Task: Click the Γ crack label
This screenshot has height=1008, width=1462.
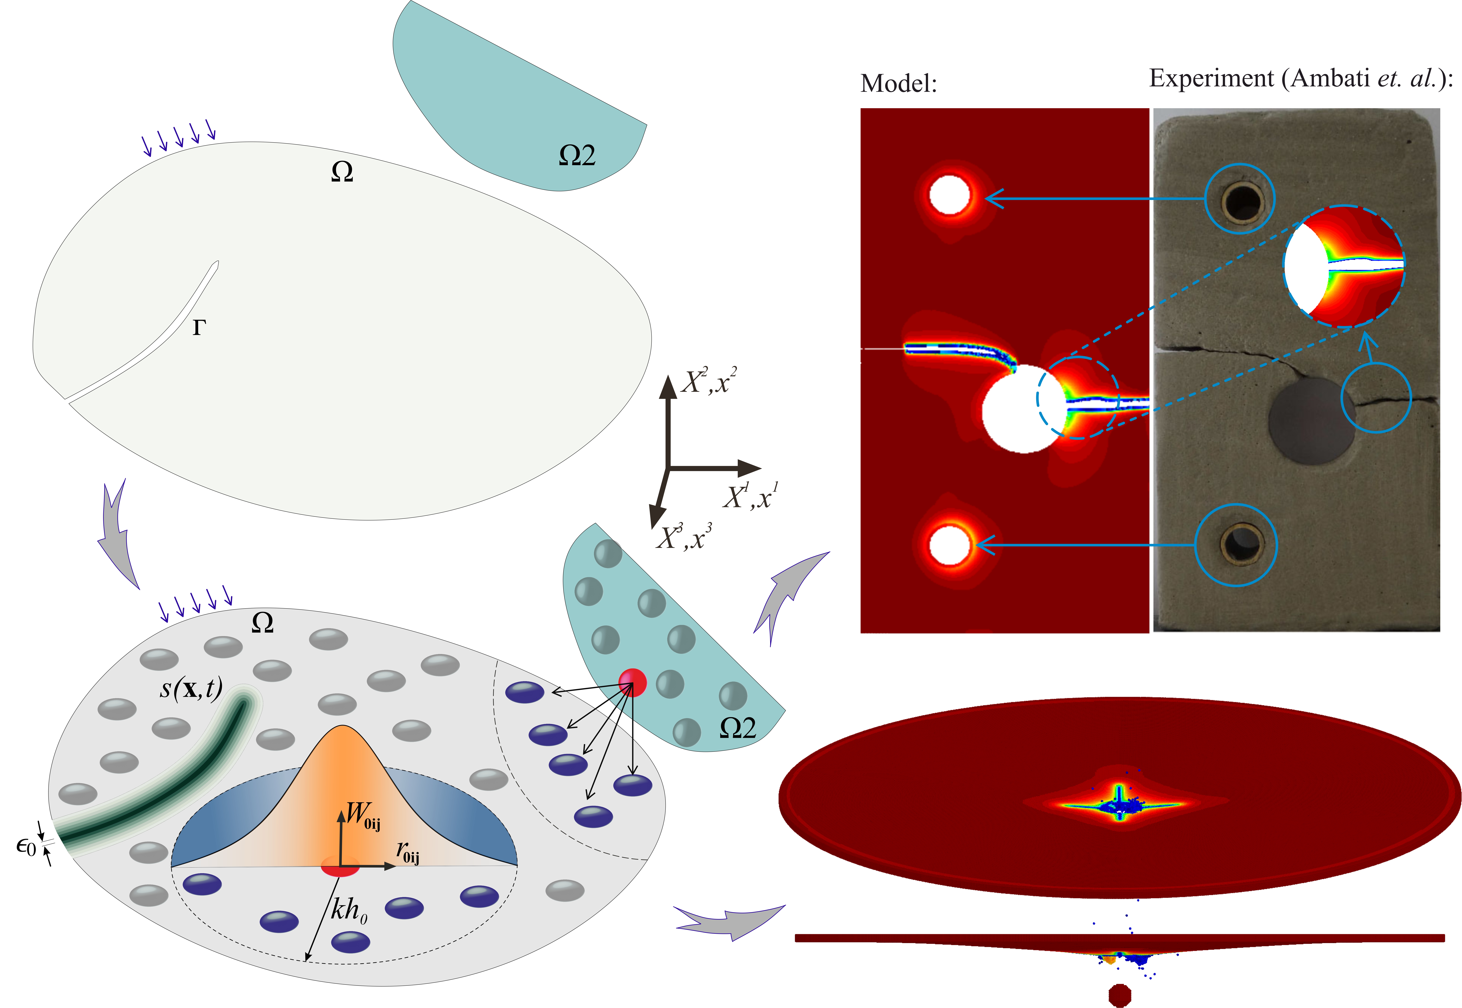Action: coord(199,327)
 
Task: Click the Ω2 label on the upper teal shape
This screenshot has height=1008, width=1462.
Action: coord(577,155)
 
